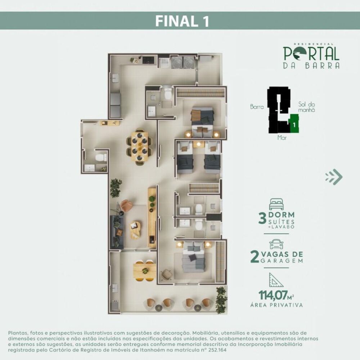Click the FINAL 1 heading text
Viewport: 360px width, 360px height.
coord(182,21)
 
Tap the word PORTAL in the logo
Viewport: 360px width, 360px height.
coord(311,53)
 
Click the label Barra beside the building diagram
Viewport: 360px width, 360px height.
coord(257,107)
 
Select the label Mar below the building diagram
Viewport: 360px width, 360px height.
coord(282,138)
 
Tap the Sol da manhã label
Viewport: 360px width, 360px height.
coord(306,107)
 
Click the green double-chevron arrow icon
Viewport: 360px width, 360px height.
coord(334,177)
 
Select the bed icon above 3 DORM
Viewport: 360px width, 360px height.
coord(276,204)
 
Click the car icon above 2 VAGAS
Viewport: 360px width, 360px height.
coord(276,244)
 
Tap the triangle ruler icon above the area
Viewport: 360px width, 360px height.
coord(276,280)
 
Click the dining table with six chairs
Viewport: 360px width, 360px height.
coord(139,146)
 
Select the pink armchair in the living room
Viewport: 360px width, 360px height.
coord(126,206)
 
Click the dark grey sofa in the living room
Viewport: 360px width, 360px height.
coord(117,231)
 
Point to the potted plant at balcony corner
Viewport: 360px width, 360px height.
coord(221,299)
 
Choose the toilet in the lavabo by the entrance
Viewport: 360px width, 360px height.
coord(100,157)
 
